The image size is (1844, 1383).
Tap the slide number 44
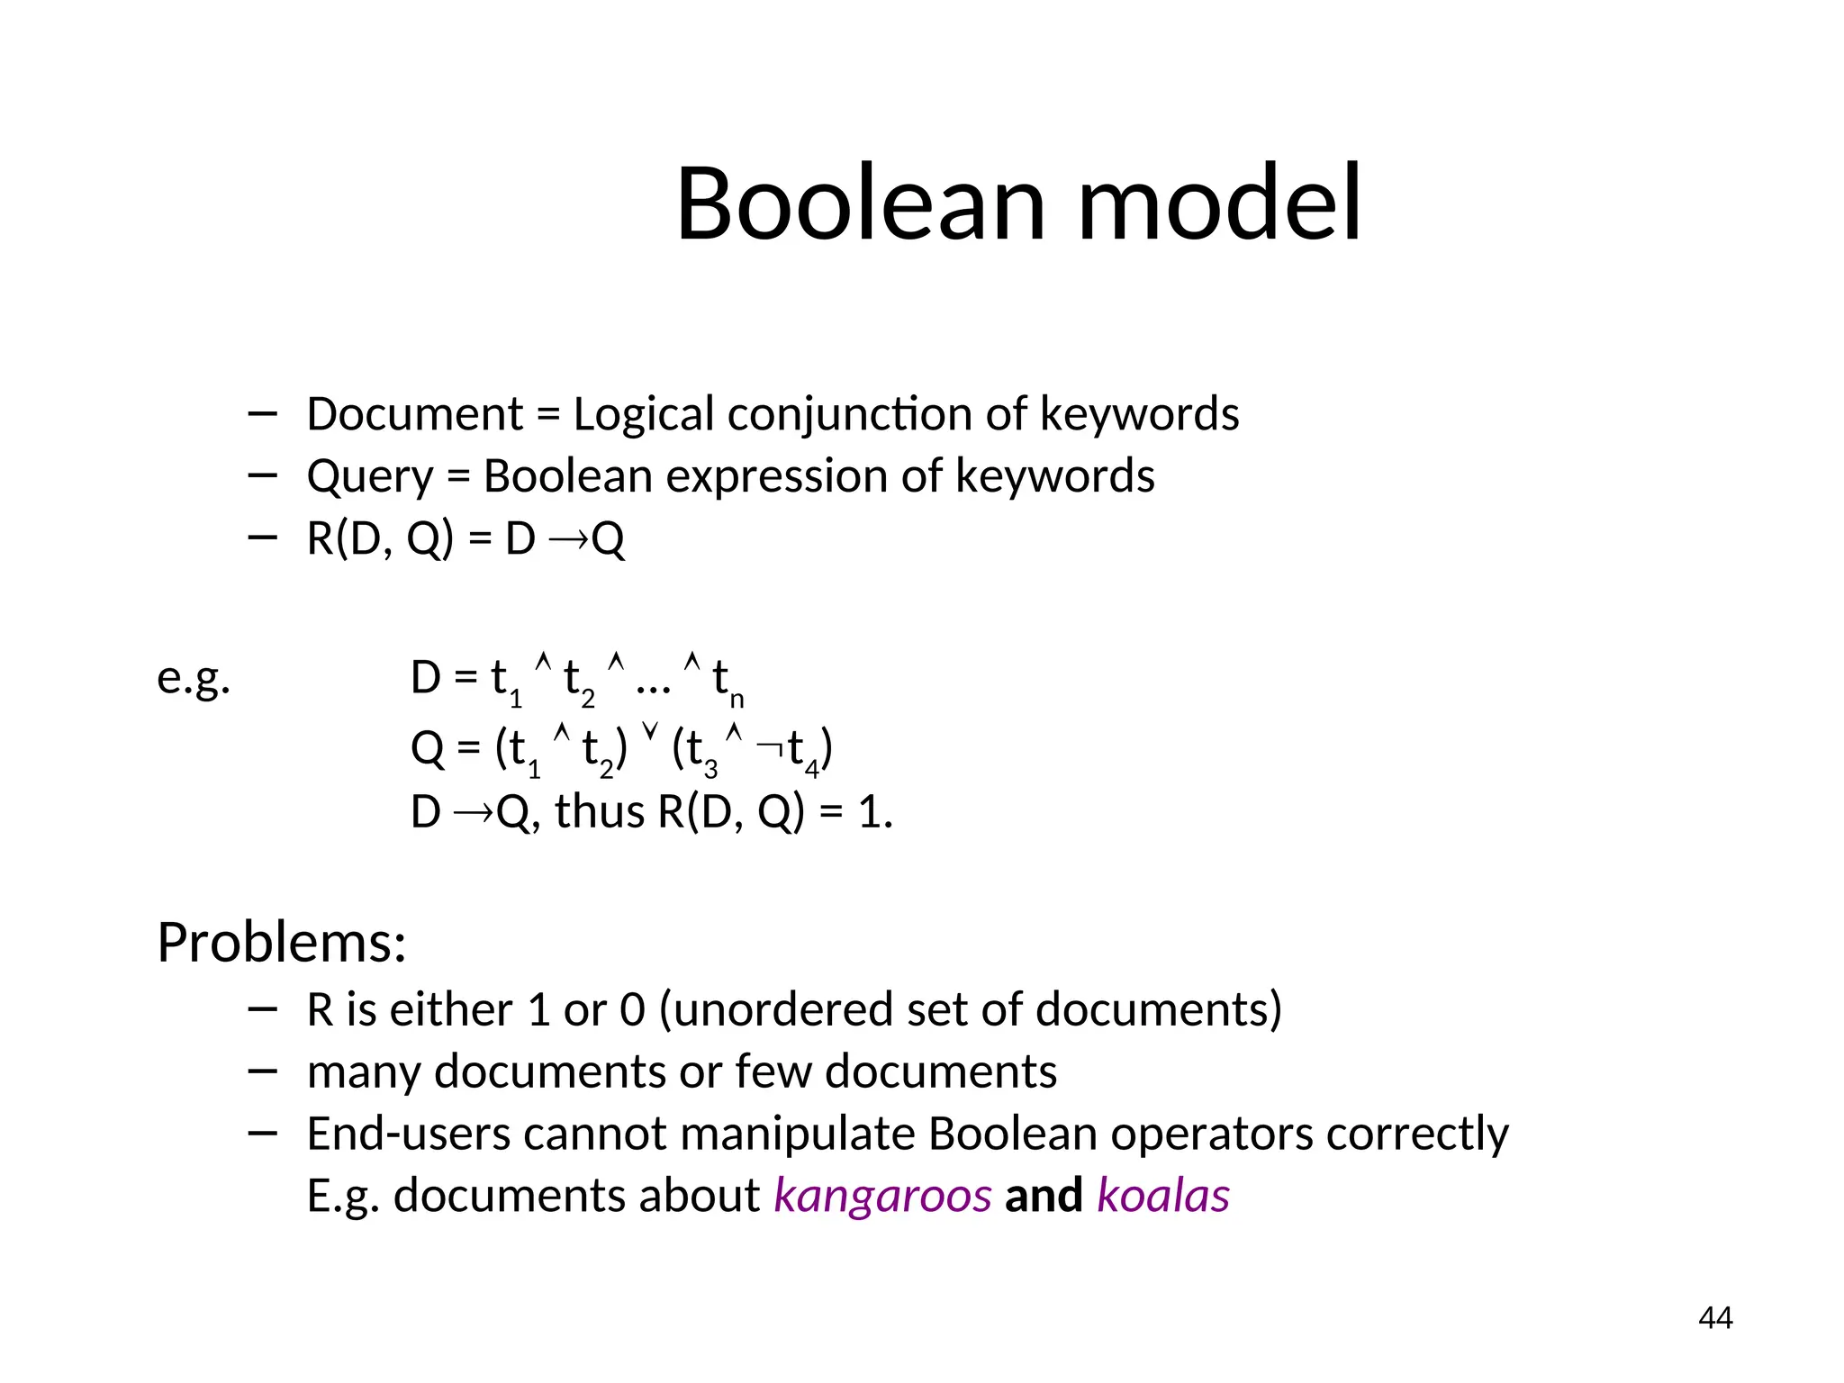(1715, 1318)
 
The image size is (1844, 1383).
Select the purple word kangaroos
(882, 1197)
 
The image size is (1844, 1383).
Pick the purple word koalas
(1163, 1197)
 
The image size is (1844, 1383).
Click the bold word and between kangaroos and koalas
(1044, 1197)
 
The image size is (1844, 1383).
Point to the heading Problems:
(282, 943)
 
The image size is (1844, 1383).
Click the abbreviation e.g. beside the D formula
(194, 678)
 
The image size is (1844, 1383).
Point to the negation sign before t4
(770, 746)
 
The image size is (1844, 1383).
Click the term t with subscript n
(726, 681)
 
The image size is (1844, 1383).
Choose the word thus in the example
(600, 812)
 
